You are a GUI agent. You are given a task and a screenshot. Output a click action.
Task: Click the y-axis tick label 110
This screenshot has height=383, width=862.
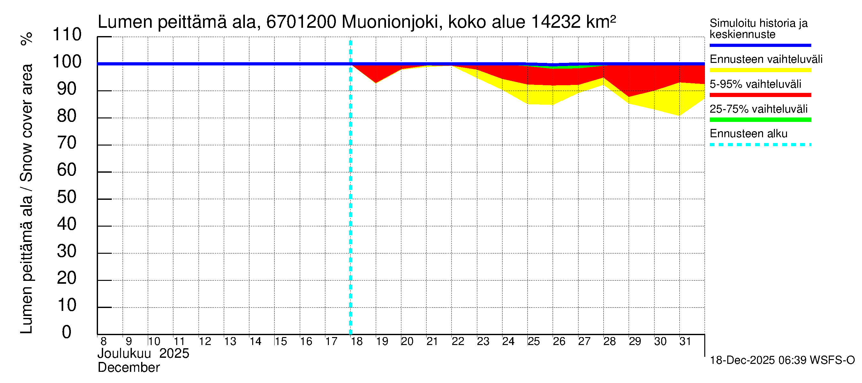point(67,34)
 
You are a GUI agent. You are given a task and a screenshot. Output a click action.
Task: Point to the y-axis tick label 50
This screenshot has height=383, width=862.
point(67,197)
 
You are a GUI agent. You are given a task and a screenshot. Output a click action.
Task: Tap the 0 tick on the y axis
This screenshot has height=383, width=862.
point(67,332)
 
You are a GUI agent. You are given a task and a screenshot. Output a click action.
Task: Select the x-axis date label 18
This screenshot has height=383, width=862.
point(357,342)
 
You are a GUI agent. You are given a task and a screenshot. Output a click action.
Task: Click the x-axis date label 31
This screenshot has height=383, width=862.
point(685,342)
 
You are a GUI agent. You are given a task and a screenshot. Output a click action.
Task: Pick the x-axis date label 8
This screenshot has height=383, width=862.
point(103,342)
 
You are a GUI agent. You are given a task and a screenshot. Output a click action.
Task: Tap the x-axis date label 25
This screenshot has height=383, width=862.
point(533,342)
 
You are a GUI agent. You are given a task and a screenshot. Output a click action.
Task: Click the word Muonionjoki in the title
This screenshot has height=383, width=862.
point(390,22)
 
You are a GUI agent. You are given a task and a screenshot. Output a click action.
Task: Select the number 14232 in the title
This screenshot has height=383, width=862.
point(556,22)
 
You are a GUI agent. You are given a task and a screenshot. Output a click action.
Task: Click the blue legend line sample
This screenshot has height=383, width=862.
point(760,45)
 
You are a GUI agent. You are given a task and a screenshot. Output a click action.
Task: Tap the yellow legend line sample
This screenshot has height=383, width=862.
point(760,70)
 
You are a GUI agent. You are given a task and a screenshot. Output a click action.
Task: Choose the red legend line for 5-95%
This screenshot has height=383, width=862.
point(760,95)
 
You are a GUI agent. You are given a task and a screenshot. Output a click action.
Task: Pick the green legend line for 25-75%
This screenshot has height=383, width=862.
point(760,120)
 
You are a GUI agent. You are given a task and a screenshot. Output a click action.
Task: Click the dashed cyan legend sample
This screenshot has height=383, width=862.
point(760,145)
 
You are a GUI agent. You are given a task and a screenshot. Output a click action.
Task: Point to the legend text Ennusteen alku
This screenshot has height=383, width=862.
point(748,134)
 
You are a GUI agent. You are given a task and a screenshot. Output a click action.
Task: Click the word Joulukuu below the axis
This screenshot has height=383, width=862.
point(124,354)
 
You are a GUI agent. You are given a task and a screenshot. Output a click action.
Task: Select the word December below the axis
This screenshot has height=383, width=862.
point(128,368)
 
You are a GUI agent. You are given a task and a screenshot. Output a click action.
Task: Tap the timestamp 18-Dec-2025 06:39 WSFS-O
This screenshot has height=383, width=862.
point(782,360)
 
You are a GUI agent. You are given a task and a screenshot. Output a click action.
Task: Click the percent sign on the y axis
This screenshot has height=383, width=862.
point(26,39)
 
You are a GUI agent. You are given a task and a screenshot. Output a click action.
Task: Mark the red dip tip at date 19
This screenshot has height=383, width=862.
point(376,82)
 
